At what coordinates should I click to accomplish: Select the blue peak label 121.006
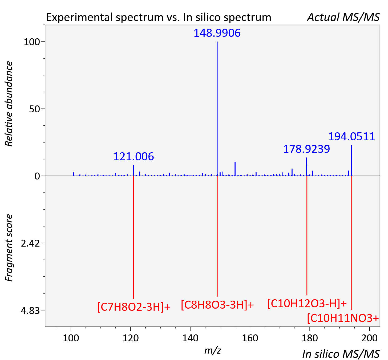tap(134, 157)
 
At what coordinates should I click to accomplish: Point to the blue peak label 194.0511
tap(351, 136)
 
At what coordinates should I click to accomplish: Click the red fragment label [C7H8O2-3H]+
tap(134, 307)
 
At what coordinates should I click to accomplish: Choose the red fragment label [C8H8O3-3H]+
tap(217, 305)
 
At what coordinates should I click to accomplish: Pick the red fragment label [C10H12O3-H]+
tap(307, 304)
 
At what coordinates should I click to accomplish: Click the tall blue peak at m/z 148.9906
tap(217, 109)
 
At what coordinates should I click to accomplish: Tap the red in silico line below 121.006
tap(134, 237)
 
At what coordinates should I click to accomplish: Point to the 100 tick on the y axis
tap(32, 42)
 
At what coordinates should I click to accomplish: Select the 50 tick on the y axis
tap(35, 109)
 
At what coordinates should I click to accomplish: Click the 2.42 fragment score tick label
tap(30, 243)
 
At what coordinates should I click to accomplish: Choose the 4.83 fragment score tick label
tap(30, 310)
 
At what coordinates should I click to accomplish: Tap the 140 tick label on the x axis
tap(190, 338)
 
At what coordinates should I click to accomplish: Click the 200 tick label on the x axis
tap(369, 338)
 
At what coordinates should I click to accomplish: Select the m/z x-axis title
tap(213, 350)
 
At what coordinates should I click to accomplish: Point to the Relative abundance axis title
tap(9, 104)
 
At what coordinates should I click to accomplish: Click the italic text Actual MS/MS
tap(343, 17)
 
